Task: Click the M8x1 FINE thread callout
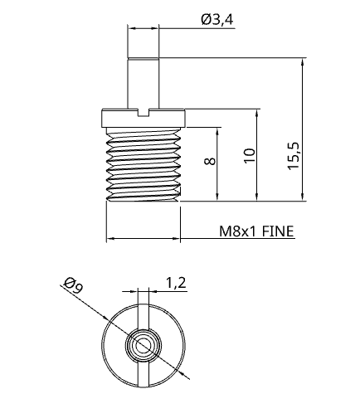pyautogui.click(x=255, y=232)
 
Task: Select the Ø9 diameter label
pyautogui.click(x=72, y=288)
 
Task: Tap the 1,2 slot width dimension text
pyautogui.click(x=175, y=283)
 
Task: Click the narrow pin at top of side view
pyautogui.click(x=143, y=83)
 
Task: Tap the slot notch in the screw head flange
pyautogui.click(x=144, y=111)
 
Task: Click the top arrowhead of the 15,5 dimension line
pyautogui.click(x=302, y=62)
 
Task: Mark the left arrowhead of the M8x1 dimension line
pyautogui.click(x=110, y=240)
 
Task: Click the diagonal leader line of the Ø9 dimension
pyautogui.click(x=83, y=299)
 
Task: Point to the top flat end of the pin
pyautogui.click(x=143, y=57)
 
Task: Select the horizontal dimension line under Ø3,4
pyautogui.click(x=143, y=29)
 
